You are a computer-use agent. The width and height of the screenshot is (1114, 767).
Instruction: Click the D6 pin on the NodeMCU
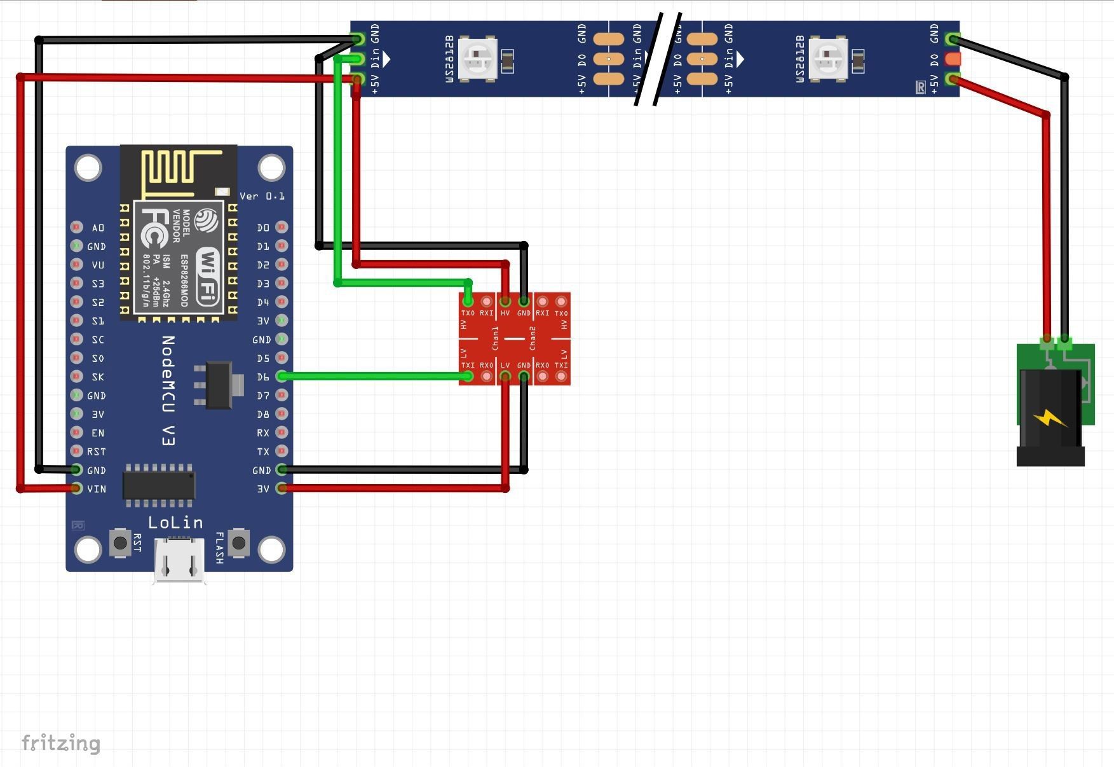[x=282, y=377]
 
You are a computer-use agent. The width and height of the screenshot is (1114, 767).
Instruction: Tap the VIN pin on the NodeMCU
[x=77, y=488]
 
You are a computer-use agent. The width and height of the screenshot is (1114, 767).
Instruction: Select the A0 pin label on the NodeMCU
[x=97, y=227]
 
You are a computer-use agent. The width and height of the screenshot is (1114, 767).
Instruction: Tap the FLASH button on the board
[x=238, y=542]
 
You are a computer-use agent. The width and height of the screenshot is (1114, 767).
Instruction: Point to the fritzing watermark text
[x=61, y=743]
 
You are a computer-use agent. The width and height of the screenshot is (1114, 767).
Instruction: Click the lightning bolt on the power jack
[x=1050, y=418]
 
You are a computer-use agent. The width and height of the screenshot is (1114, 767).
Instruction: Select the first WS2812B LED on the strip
[x=477, y=59]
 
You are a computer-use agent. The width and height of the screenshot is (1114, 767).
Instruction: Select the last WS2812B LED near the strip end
[x=828, y=59]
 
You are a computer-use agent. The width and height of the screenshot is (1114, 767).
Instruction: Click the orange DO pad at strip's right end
[x=953, y=59]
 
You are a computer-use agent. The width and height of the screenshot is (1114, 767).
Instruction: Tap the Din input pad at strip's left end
[x=357, y=59]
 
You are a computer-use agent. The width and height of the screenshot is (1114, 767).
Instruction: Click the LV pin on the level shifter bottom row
[x=505, y=377]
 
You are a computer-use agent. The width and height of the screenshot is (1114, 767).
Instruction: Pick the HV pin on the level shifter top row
[x=505, y=301]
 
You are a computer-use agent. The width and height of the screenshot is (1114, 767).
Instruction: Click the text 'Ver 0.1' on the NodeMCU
[x=262, y=196]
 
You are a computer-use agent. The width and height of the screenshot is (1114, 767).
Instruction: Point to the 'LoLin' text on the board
[x=175, y=523]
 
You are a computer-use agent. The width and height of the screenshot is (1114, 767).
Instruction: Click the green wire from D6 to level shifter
[x=375, y=377]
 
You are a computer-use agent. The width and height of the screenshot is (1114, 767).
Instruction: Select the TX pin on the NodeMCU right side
[x=282, y=451]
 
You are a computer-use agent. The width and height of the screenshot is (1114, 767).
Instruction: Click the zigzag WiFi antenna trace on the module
[x=172, y=170]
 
